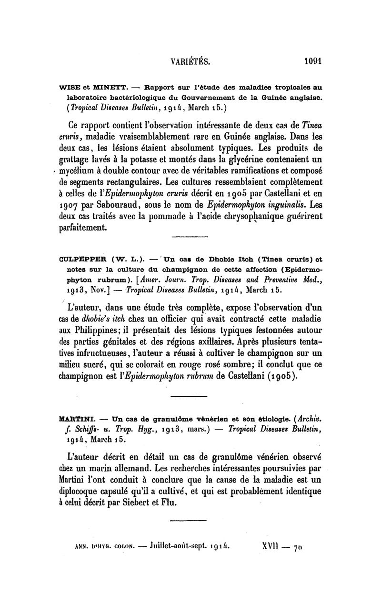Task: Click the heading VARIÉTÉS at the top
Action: coord(190,61)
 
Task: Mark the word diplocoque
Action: coord(79,491)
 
